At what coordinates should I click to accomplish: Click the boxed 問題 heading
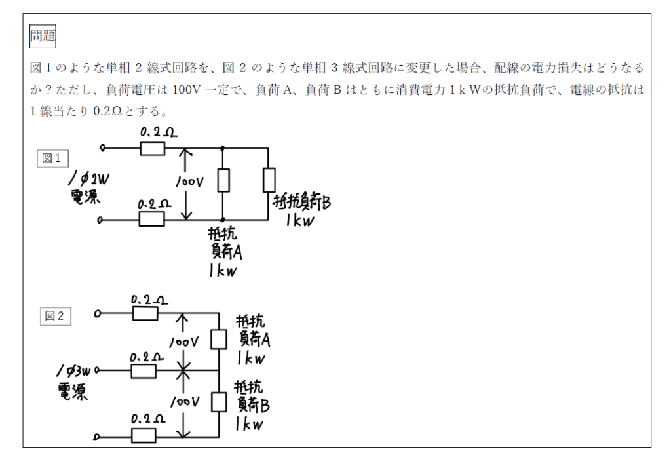(x=43, y=36)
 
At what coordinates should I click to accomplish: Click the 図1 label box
(x=52, y=159)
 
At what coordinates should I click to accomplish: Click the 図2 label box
(x=55, y=317)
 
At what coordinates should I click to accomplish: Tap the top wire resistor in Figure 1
(x=152, y=148)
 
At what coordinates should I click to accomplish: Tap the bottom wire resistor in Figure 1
(x=151, y=219)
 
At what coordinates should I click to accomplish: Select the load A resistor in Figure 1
(x=223, y=180)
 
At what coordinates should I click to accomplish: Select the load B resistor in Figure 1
(x=269, y=180)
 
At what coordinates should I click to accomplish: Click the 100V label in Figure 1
(x=189, y=182)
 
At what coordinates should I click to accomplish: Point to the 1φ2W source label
(x=88, y=187)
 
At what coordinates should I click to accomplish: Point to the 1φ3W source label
(x=73, y=382)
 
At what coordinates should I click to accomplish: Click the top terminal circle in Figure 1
(x=102, y=148)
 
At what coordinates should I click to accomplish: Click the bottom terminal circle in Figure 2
(x=97, y=437)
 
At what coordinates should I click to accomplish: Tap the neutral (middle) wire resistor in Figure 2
(x=144, y=371)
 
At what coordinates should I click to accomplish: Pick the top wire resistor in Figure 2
(x=145, y=313)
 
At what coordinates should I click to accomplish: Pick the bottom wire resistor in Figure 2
(x=144, y=436)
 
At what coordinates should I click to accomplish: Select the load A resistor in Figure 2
(x=219, y=340)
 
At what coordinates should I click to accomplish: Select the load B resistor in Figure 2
(x=219, y=402)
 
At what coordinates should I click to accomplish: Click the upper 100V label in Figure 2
(x=184, y=342)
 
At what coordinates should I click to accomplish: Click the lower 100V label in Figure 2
(x=185, y=402)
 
